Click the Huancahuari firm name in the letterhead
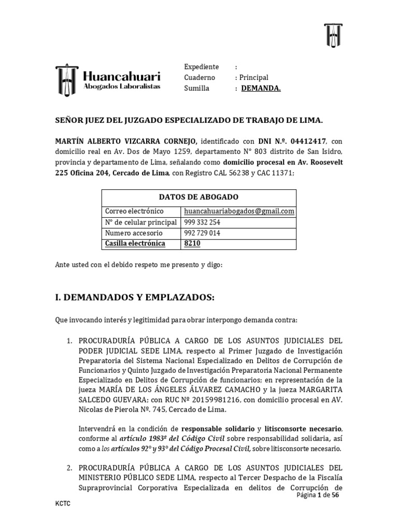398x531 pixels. click(122, 76)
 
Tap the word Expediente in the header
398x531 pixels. click(201, 67)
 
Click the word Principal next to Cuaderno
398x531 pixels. click(253, 77)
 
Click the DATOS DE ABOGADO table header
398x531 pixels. click(198, 197)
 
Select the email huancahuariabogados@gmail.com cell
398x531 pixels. click(239, 211)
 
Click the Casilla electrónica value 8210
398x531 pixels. click(191, 243)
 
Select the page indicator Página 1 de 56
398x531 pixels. click(318, 496)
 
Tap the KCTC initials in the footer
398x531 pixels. click(63, 504)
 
